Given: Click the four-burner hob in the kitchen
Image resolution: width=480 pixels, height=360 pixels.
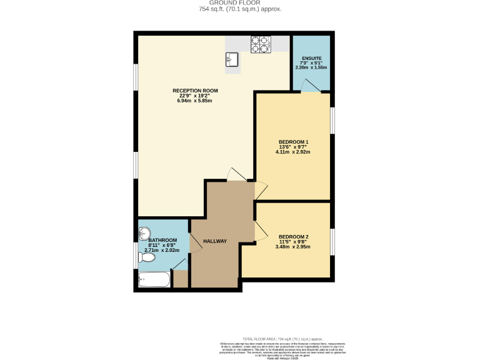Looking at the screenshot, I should point(261,44).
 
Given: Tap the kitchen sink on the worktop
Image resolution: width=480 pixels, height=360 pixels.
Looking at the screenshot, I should point(232,60).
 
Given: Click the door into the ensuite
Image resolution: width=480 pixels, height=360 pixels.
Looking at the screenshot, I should point(311,89).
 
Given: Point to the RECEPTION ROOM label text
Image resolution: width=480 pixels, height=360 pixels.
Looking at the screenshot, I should point(195,91).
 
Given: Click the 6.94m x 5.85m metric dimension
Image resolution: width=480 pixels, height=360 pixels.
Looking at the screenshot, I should point(195,101).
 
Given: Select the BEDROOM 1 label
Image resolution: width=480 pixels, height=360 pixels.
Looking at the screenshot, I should point(294,142).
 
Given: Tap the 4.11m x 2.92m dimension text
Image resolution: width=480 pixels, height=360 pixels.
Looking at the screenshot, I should point(294,152).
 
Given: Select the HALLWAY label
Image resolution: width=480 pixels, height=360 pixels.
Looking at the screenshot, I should point(215,241).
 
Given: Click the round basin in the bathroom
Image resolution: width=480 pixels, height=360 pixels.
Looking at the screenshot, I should point(144,234).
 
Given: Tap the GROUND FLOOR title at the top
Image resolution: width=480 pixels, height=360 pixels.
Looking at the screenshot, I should point(240,3).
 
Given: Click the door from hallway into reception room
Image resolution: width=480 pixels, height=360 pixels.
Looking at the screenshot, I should point(236,176).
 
